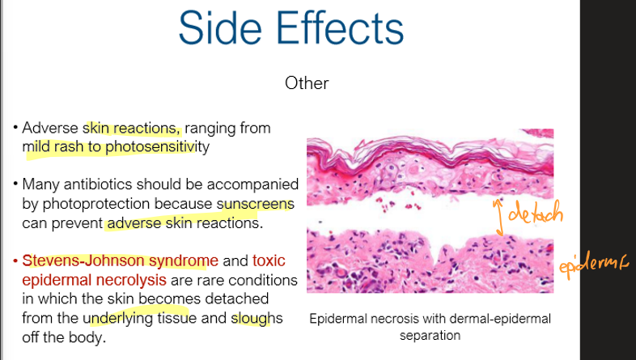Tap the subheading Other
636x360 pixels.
click(x=307, y=83)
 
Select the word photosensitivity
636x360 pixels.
click(x=165, y=147)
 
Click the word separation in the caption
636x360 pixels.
click(x=430, y=334)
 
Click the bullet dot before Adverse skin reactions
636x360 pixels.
click(x=15, y=129)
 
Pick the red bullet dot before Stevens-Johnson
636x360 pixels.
click(x=15, y=262)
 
